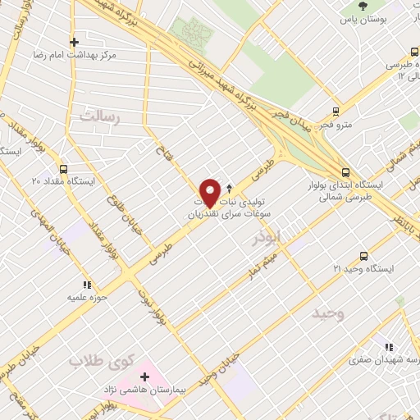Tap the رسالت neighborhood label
(x=99, y=119)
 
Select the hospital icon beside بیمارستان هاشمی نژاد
(x=145, y=377)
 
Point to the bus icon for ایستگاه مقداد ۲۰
(x=38, y=180)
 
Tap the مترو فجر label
(x=335, y=125)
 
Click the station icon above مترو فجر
(x=336, y=112)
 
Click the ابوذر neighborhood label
(x=267, y=238)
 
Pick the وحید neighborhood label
(x=327, y=313)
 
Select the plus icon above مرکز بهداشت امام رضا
(x=75, y=41)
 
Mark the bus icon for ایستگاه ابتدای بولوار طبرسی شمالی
(x=345, y=173)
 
